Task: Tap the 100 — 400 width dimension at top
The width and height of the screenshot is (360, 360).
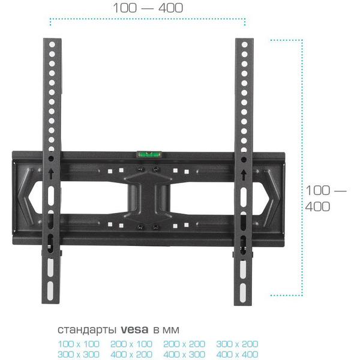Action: [x=148, y=8]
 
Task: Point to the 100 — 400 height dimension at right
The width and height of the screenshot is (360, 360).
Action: [x=326, y=199]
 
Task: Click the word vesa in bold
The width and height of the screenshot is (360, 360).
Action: [x=135, y=330]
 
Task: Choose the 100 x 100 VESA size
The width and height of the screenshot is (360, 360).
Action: [x=79, y=344]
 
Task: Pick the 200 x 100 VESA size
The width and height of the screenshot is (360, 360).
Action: [x=132, y=344]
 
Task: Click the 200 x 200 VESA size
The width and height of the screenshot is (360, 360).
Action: [x=185, y=344]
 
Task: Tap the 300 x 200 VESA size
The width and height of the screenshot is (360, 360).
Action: [x=238, y=344]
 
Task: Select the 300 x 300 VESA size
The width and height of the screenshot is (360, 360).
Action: [x=79, y=355]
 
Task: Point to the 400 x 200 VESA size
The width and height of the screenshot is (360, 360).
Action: [x=132, y=355]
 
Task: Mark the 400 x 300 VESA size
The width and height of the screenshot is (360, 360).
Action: [x=185, y=355]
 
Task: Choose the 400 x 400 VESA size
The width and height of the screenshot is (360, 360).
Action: [x=238, y=355]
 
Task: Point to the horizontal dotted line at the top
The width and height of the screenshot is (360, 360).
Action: [x=148, y=22]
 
